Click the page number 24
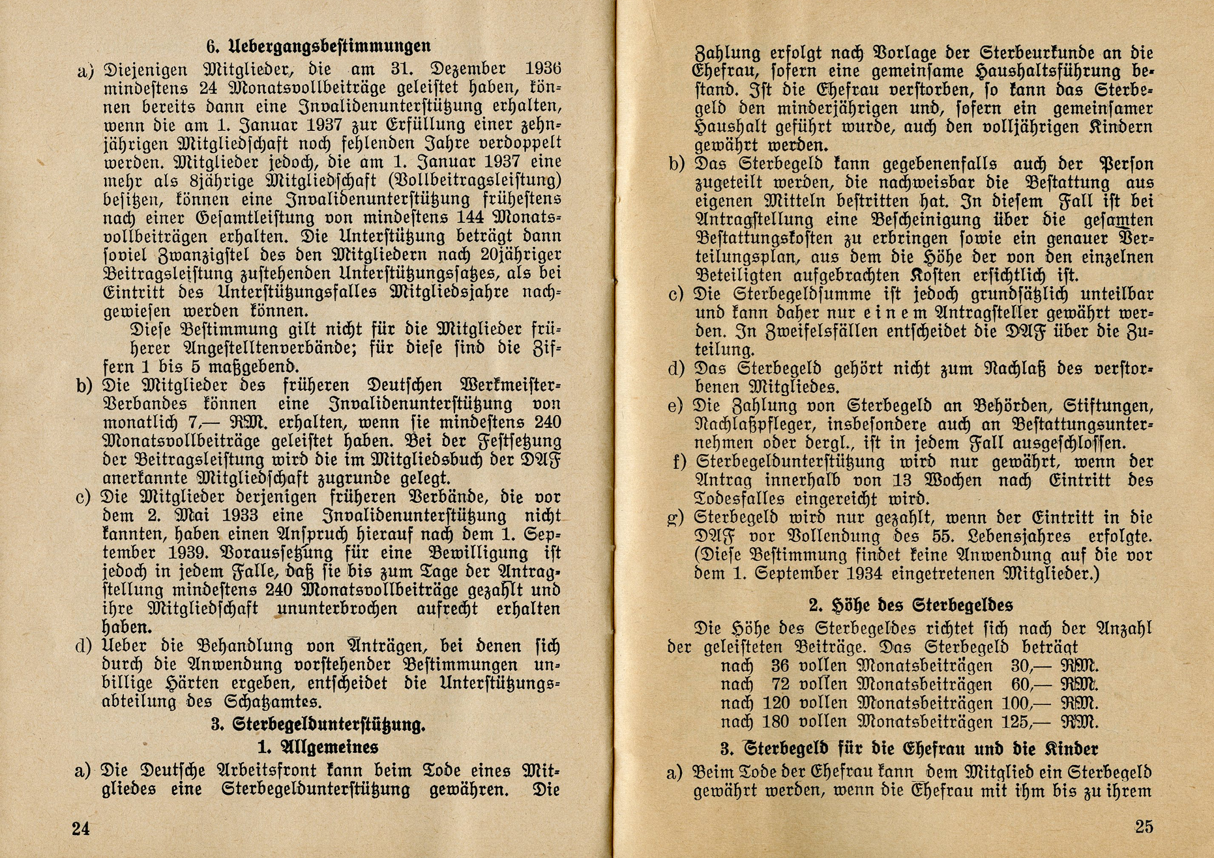click(81, 828)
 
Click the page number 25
click(1144, 827)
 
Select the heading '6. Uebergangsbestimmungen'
click(318, 46)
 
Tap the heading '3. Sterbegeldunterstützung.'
click(318, 724)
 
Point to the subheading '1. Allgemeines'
click(318, 747)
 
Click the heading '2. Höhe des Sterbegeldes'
click(911, 605)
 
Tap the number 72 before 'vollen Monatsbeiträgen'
click(780, 685)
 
